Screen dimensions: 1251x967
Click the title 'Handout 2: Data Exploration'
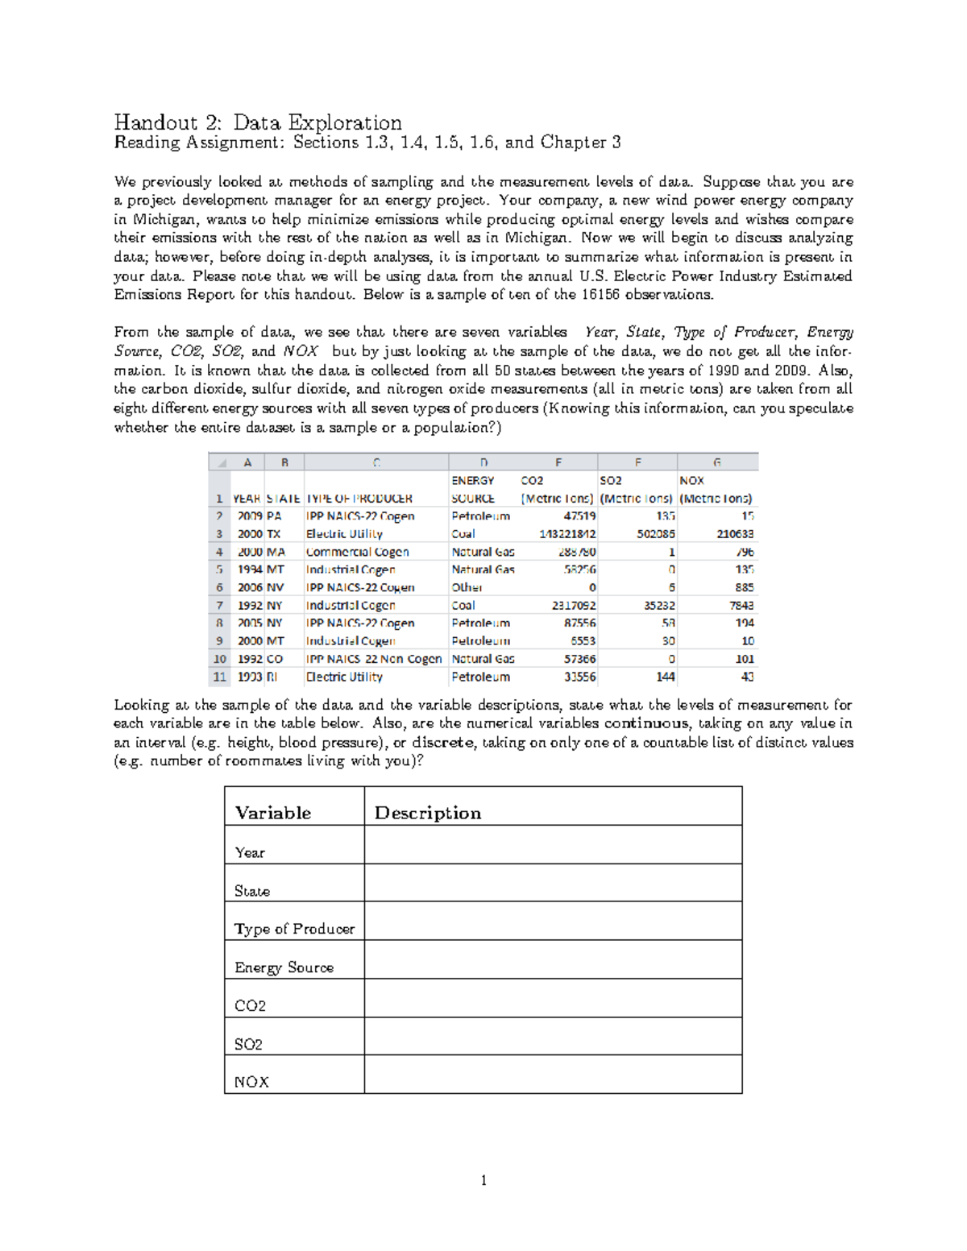tap(258, 122)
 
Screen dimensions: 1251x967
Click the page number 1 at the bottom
tap(483, 1181)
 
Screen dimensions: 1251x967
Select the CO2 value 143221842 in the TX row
tap(567, 534)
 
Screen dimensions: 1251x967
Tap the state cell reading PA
tap(274, 516)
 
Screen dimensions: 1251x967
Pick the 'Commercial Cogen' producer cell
tap(357, 552)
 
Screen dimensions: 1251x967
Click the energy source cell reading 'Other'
tap(467, 587)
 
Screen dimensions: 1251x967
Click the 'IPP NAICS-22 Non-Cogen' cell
tap(374, 659)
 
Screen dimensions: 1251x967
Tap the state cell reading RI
tap(272, 677)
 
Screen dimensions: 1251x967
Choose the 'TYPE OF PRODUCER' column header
tap(359, 499)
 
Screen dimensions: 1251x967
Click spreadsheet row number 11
tap(219, 677)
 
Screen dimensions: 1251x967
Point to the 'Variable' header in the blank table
tap(272, 813)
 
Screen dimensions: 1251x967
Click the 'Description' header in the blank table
tap(427, 813)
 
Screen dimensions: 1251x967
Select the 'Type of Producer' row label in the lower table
tap(294, 929)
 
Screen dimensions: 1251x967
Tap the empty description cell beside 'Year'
tap(553, 845)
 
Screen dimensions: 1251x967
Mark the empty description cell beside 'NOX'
tap(553, 1075)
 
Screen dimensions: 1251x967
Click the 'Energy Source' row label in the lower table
tap(284, 967)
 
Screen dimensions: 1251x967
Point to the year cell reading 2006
tap(250, 587)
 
